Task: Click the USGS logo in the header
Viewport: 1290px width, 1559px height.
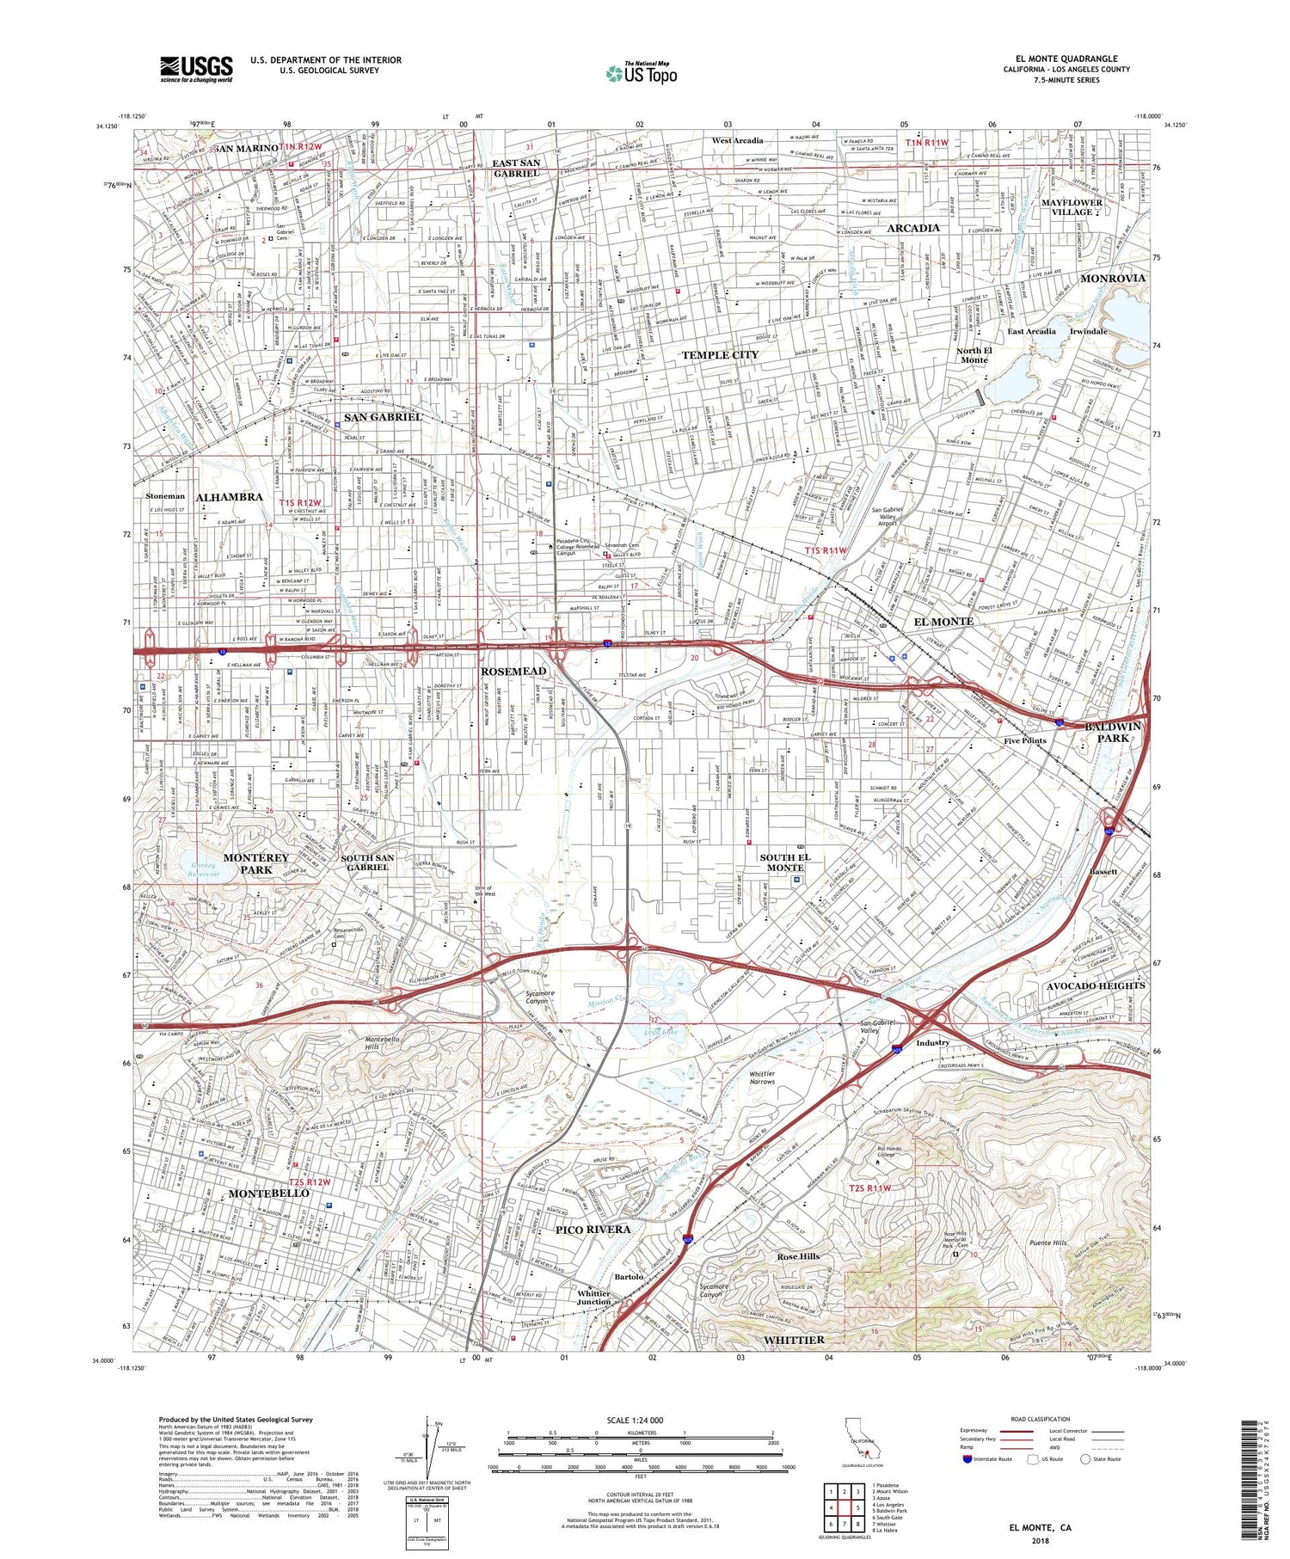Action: tap(196, 69)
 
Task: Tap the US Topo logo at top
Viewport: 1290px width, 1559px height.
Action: tap(640, 73)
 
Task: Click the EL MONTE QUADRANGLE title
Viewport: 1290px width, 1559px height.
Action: tap(1066, 58)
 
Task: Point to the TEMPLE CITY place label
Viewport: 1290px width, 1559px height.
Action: tap(720, 355)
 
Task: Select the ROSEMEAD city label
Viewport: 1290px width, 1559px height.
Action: tap(513, 671)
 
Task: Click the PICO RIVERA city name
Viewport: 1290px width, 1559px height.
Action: tap(593, 1230)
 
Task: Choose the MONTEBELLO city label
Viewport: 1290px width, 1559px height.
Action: tap(268, 1194)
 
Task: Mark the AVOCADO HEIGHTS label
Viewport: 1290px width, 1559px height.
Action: tap(1096, 985)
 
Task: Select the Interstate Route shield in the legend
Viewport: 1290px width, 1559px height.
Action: tap(967, 1459)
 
